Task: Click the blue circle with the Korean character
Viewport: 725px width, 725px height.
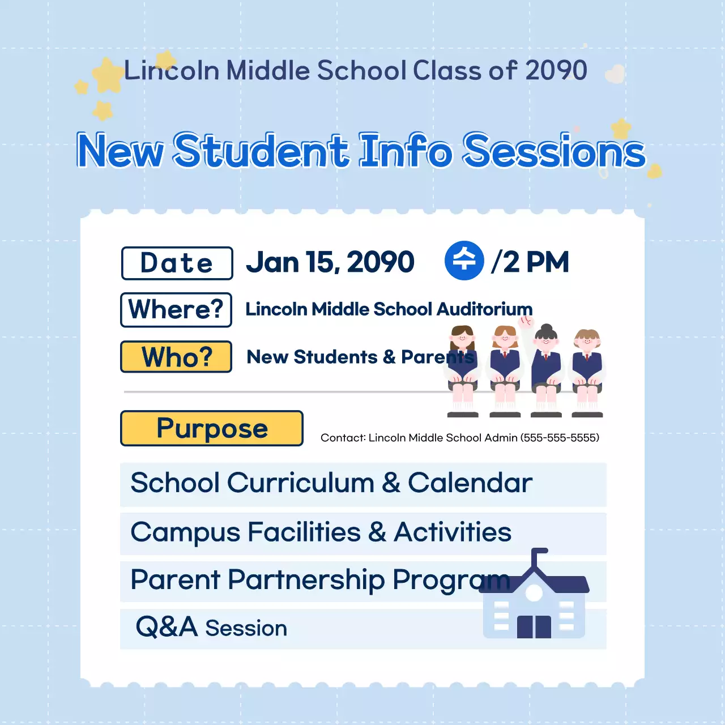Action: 464,261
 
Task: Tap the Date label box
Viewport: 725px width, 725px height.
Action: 177,263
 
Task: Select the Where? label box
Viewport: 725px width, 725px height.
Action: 176,310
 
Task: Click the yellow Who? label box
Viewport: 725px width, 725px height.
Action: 176,357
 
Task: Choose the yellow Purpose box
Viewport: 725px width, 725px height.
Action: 212,428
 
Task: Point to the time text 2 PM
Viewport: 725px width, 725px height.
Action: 536,262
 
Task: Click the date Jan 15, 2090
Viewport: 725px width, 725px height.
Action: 330,262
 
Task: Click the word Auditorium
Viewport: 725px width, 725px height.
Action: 485,309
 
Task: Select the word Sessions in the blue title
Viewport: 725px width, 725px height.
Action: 554,151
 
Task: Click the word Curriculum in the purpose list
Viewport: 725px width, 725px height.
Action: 300,483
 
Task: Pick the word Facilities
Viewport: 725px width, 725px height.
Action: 304,532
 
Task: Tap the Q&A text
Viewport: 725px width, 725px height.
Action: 167,627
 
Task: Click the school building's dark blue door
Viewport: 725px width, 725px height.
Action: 534,627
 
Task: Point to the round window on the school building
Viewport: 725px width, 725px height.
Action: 534,593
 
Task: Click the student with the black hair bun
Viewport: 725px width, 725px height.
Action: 546,370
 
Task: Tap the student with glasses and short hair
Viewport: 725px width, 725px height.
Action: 587,373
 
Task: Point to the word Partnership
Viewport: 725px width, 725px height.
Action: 306,581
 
